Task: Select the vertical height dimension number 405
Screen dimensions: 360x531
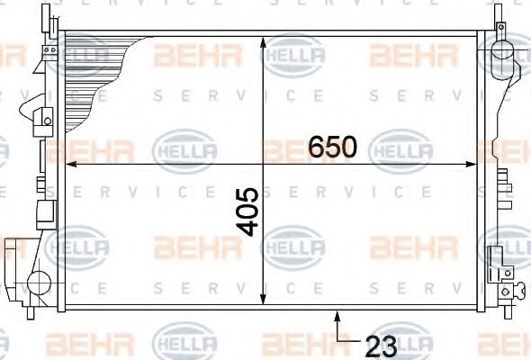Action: (249, 211)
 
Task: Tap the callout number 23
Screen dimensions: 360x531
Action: (382, 343)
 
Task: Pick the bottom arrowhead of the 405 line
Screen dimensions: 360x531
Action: (263, 303)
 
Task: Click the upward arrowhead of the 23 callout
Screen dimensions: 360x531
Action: (337, 314)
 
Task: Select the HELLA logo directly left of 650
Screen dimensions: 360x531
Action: (186, 146)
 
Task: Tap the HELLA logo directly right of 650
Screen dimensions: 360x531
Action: (400, 146)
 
